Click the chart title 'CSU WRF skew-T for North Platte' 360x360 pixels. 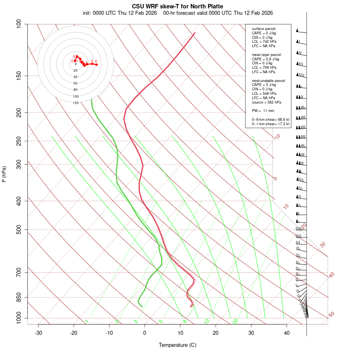(x=178, y=6)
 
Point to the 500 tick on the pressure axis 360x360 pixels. (x=19, y=230)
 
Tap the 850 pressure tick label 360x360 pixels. (x=19, y=297)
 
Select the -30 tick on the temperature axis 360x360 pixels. (x=38, y=333)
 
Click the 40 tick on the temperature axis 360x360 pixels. (x=287, y=333)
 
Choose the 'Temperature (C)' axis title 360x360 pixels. (x=178, y=345)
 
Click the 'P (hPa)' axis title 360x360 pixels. (x=4, y=174)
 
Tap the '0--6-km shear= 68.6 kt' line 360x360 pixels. (x=270, y=120)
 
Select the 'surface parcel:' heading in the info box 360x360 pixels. (x=264, y=29)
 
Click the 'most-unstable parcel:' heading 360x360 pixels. (x=269, y=81)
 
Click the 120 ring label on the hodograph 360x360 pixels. (x=76, y=103)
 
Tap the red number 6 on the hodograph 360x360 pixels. (x=96, y=61)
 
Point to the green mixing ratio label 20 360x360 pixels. (x=235, y=321)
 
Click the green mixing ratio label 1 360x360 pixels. (x=87, y=321)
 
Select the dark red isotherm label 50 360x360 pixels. (x=331, y=315)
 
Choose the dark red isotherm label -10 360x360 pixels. (x=277, y=137)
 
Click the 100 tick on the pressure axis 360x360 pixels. (x=19, y=24)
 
